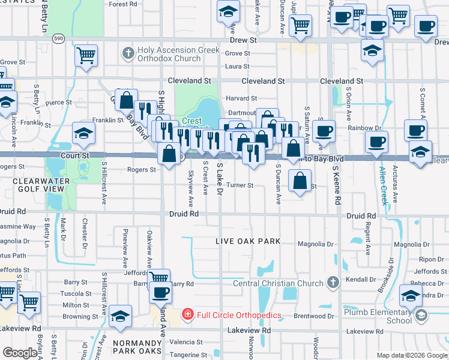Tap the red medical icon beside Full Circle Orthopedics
click(x=187, y=314)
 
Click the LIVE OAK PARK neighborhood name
click(x=249, y=241)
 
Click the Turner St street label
click(x=240, y=185)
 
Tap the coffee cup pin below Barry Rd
click(x=160, y=292)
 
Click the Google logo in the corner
click(x=20, y=353)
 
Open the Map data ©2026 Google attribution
click(x=412, y=356)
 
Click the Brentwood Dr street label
click(x=314, y=316)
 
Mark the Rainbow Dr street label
click(x=369, y=128)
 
